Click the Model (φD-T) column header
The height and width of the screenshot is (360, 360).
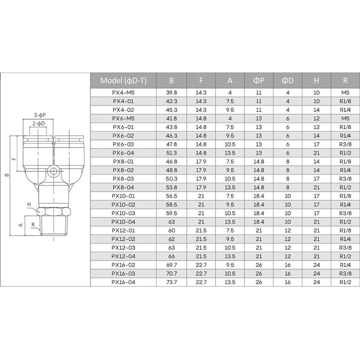point(123,81)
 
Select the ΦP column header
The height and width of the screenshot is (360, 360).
point(259,81)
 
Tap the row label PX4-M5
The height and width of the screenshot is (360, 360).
point(123,93)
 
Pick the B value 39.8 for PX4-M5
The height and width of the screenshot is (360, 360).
point(171,93)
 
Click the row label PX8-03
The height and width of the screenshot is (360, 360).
point(123,179)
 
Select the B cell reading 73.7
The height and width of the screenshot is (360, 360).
point(171,282)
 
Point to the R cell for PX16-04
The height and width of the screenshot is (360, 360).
point(345,282)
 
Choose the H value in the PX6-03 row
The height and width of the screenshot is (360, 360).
point(316,144)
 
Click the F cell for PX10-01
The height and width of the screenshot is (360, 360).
point(201,196)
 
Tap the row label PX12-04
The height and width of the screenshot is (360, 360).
point(123,256)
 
